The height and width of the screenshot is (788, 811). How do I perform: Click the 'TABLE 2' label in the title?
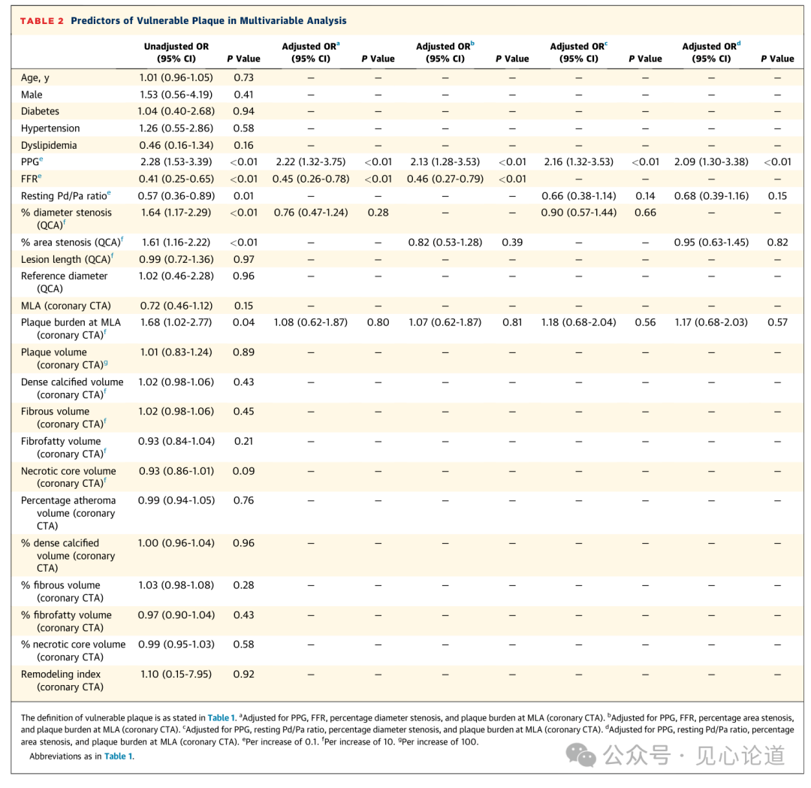pyautogui.click(x=42, y=21)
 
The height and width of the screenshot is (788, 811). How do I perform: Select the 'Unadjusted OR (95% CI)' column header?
pyautogui.click(x=176, y=53)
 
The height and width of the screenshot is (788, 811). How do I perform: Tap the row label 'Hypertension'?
pyautogui.click(x=50, y=128)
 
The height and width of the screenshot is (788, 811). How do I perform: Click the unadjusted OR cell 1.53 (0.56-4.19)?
pyautogui.click(x=176, y=95)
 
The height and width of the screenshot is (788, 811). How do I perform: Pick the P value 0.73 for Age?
pyautogui.click(x=243, y=77)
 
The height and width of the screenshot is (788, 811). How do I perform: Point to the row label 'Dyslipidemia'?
pyautogui.click(x=49, y=146)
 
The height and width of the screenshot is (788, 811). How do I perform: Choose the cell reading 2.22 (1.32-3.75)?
pyautogui.click(x=311, y=162)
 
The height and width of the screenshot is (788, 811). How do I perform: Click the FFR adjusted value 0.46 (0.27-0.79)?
pyautogui.click(x=445, y=179)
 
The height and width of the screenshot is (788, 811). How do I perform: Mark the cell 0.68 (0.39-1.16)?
pyautogui.click(x=712, y=196)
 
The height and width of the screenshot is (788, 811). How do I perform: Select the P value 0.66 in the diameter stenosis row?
pyautogui.click(x=646, y=213)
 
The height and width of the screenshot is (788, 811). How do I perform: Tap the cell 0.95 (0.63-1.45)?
pyautogui.click(x=712, y=242)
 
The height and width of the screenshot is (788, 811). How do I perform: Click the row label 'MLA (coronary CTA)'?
pyautogui.click(x=65, y=306)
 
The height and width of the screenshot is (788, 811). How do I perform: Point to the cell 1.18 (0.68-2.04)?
pyautogui.click(x=579, y=322)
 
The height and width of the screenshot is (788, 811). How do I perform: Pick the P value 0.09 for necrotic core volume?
pyautogui.click(x=243, y=471)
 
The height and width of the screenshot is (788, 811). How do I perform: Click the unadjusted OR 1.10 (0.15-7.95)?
pyautogui.click(x=176, y=674)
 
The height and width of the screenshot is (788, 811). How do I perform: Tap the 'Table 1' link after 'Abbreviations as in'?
pyautogui.click(x=119, y=756)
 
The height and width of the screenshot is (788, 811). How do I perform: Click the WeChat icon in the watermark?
pyautogui.click(x=580, y=755)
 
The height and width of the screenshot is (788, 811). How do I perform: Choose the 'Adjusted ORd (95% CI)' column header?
pyautogui.click(x=712, y=53)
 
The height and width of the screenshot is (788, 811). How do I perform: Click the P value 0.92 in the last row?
pyautogui.click(x=243, y=674)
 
